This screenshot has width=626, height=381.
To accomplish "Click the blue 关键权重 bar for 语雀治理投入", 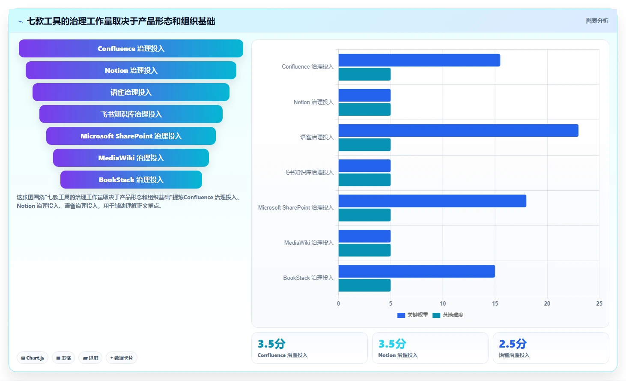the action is (x=458, y=131).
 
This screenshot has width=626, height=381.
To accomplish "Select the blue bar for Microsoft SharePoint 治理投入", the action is (x=432, y=201).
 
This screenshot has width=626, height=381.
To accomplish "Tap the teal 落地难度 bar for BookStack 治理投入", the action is (x=364, y=285).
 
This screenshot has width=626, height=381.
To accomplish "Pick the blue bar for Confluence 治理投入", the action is (x=419, y=60).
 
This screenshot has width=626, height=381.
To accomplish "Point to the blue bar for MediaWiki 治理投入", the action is (x=364, y=236).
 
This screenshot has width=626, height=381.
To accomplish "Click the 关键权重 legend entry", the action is (x=412, y=315).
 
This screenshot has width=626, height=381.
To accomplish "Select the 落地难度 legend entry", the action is (x=448, y=315).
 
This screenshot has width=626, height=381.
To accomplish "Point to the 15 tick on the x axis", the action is (x=495, y=303).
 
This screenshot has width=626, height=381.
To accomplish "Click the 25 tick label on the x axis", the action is (x=599, y=303).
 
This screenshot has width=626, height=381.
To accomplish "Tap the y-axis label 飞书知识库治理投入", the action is (x=309, y=172).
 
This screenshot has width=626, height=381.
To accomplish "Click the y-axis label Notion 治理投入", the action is (x=313, y=102).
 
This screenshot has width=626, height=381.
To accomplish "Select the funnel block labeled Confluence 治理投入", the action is (x=131, y=48).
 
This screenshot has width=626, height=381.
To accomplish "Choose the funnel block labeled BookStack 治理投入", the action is (x=131, y=180).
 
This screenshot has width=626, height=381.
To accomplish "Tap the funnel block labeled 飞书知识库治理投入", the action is (x=131, y=114).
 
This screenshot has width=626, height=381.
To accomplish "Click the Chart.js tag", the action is (x=33, y=358).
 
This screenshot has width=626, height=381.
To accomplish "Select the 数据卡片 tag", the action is (x=121, y=358).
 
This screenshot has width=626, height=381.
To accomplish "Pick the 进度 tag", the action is (x=90, y=358).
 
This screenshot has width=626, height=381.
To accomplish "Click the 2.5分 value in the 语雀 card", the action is (x=513, y=344).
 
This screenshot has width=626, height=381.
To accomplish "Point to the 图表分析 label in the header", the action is (x=597, y=21).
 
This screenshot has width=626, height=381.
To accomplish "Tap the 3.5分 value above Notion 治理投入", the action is (x=392, y=344).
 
